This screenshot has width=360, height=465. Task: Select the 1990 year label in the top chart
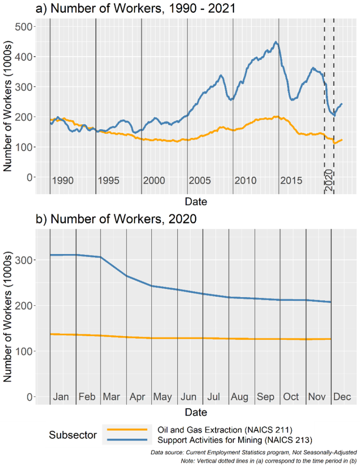pyautogui.click(x=63, y=181)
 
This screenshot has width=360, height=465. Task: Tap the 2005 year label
pyautogui.click(x=200, y=181)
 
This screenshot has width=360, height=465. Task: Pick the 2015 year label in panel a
pyautogui.click(x=291, y=181)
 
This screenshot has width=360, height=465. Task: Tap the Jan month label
pyautogui.click(x=61, y=397)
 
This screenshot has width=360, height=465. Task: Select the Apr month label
pyautogui.click(x=137, y=397)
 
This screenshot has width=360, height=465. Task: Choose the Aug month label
pyautogui.click(x=240, y=397)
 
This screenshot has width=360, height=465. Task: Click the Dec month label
pyautogui.click(x=342, y=397)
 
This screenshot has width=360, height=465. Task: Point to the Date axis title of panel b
pyautogui.click(x=196, y=412)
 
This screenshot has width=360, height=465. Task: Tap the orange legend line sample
pyautogui.click(x=125, y=429)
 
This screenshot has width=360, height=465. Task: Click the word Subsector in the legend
pyautogui.click(x=73, y=435)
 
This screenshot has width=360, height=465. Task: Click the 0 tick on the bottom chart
pyautogui.click(x=30, y=397)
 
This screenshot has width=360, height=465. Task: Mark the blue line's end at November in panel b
pyautogui.click(x=331, y=302)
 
